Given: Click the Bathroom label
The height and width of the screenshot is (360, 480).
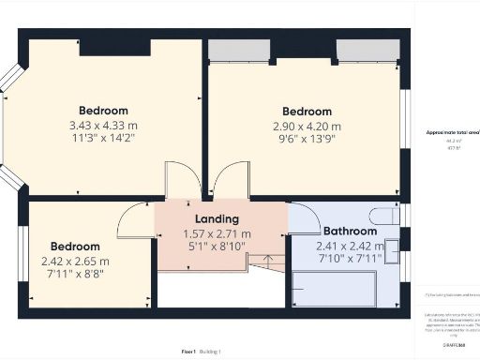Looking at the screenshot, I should click(x=350, y=231).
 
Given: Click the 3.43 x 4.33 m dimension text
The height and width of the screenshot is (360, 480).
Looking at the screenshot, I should click(x=103, y=126).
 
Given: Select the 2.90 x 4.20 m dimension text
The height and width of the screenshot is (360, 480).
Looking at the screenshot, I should click(x=307, y=126).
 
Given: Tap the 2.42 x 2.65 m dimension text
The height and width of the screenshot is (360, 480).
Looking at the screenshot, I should click(x=75, y=262).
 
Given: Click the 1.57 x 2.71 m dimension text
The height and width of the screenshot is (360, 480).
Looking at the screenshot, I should click(x=221, y=234).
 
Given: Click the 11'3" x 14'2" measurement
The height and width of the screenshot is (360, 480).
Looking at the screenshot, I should click(x=103, y=139).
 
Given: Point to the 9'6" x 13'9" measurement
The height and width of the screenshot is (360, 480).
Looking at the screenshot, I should click(x=307, y=139).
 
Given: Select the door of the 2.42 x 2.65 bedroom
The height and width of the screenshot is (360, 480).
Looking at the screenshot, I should click(x=135, y=220).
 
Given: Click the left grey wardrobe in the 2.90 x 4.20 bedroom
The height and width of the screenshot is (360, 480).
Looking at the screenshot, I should click(x=232, y=50).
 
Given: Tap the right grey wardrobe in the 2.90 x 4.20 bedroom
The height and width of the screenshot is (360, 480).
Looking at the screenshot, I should click(x=361, y=50).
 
